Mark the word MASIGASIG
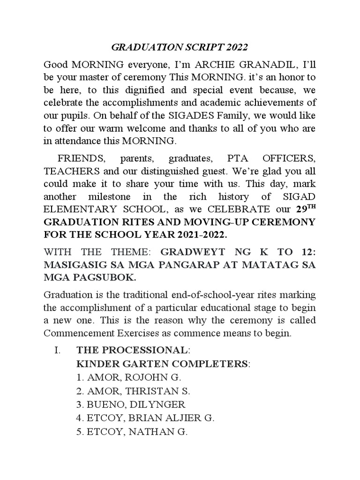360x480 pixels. (80, 265)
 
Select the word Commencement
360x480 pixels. (80, 334)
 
